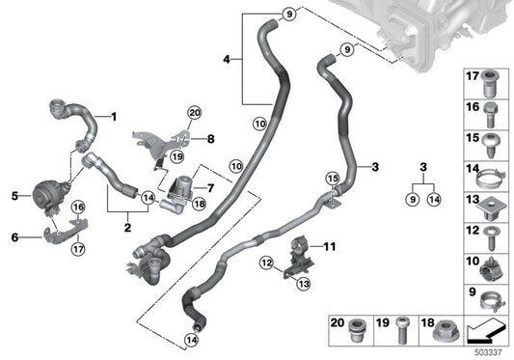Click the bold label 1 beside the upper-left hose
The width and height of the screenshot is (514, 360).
point(113,119)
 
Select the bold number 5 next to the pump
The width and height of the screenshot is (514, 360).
point(14,196)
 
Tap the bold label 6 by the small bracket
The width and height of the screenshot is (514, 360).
point(14,237)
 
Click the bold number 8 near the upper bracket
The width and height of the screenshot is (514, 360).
point(211,138)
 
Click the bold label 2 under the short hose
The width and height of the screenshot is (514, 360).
point(127,230)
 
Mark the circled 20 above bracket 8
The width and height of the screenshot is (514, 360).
point(193,114)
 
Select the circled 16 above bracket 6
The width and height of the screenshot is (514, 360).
point(78,206)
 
